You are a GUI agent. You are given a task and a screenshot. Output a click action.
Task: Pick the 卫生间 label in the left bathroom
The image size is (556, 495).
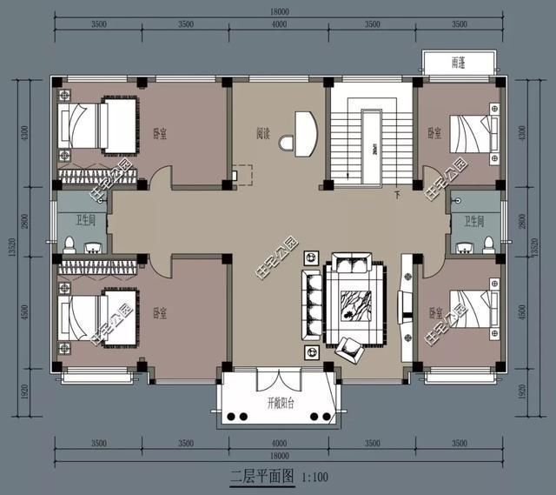tap(81, 220)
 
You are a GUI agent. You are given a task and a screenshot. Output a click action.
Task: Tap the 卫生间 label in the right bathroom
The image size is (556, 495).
tap(473, 220)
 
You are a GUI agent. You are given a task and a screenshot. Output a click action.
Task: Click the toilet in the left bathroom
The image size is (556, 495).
tap(69, 244)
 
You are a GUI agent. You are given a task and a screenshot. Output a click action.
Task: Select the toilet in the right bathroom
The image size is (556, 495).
tap(488, 243)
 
